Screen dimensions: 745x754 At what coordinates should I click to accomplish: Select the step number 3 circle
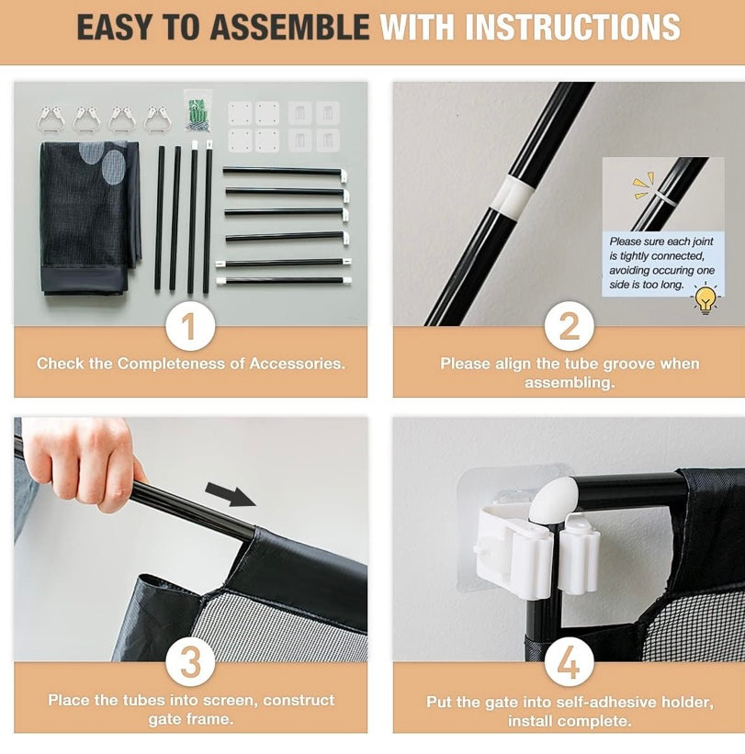coord(190,663)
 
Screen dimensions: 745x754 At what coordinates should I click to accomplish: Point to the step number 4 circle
coord(569,663)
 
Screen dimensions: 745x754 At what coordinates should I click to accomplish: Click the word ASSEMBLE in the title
coord(289,28)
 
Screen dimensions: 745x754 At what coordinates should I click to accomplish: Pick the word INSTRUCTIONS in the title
coord(572,28)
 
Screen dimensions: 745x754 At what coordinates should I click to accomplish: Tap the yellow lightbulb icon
coord(705,298)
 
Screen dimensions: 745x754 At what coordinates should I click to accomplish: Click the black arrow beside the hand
coord(230,495)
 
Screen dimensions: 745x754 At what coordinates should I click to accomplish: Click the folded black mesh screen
coord(89,218)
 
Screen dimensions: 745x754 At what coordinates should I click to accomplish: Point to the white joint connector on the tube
coord(514,196)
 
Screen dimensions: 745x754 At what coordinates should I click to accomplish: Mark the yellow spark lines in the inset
coord(643,186)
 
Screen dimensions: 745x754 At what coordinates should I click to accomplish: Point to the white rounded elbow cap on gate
coord(554,500)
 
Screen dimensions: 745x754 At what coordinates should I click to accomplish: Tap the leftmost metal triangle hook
coord(50,119)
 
